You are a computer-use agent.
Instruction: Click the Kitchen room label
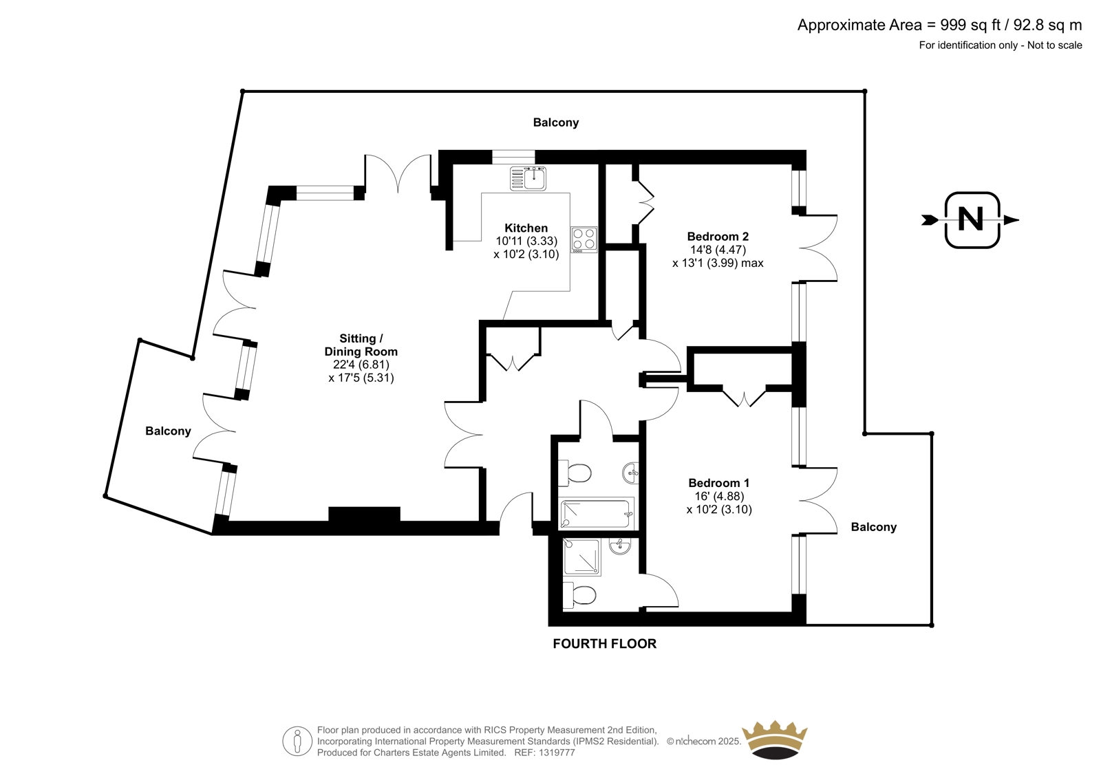tap(526, 228)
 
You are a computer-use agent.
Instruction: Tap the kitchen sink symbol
tap(528, 178)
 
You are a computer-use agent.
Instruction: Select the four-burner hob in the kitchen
tap(584, 239)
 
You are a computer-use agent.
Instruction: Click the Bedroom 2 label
tap(718, 237)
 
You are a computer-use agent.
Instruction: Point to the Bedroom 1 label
tap(719, 483)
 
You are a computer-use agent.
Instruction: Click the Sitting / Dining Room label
tap(361, 345)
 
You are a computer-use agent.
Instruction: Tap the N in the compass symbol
tap(971, 219)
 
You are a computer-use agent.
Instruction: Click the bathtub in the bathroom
tap(596, 513)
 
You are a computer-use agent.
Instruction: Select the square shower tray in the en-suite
tap(582, 557)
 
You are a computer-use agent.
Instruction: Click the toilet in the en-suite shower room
tap(579, 595)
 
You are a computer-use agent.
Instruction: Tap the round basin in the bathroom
tap(632, 473)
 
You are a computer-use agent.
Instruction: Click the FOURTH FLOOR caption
tap(605, 644)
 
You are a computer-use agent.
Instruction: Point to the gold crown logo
tap(776, 740)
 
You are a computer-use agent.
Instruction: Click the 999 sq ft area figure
tap(971, 25)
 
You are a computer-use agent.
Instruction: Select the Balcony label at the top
tap(556, 122)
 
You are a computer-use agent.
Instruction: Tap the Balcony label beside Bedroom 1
tap(874, 527)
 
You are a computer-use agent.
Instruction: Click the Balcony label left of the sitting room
tap(168, 431)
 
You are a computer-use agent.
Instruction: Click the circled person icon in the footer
tap(297, 742)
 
